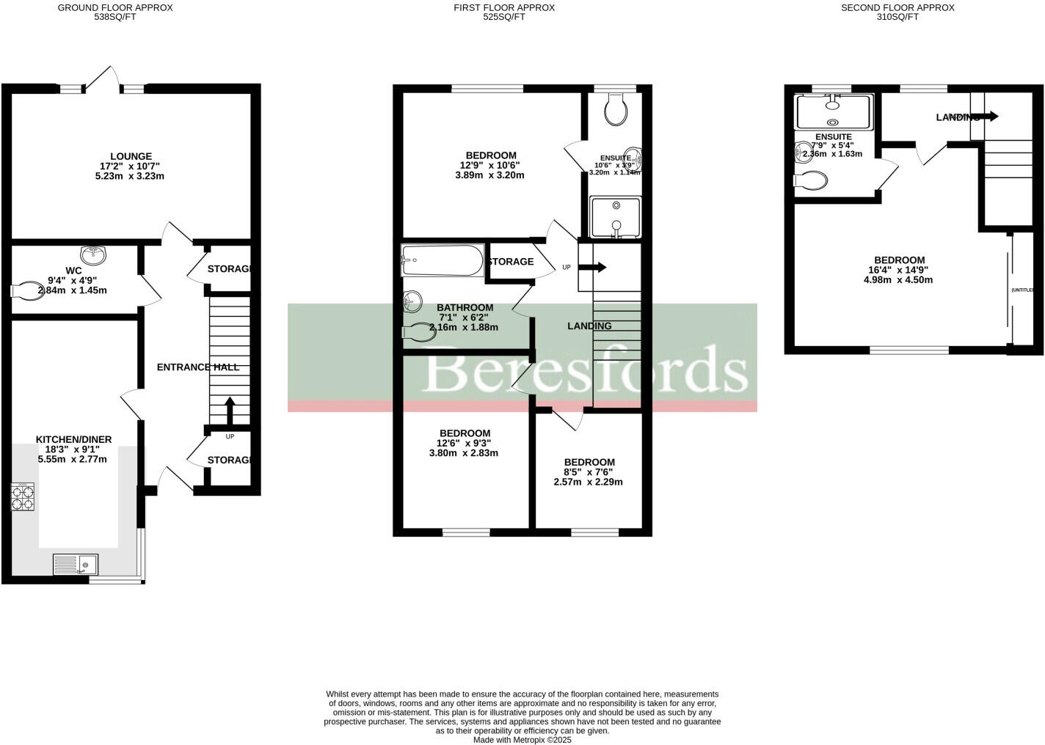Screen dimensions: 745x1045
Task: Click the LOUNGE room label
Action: (x=131, y=156)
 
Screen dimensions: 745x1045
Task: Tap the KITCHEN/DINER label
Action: (x=74, y=439)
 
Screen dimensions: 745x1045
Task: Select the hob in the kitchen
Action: (x=23, y=498)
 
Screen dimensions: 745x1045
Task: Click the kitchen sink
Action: (x=76, y=564)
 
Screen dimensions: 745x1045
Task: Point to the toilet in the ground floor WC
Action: (x=27, y=291)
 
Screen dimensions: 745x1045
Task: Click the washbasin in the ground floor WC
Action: (x=93, y=256)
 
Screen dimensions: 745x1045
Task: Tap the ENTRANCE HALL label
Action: (x=198, y=367)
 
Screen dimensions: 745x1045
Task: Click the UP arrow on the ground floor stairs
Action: (x=230, y=411)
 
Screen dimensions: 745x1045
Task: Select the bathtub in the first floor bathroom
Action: (x=443, y=260)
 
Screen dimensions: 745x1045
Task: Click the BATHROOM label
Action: (x=465, y=308)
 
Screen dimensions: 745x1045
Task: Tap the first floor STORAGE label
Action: (x=511, y=262)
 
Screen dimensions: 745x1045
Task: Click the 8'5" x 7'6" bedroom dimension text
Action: (x=588, y=472)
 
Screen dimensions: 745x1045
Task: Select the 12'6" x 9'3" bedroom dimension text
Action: (x=464, y=443)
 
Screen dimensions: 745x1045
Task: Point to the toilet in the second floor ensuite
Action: (x=811, y=180)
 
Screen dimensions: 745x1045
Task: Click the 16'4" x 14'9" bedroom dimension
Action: (x=899, y=270)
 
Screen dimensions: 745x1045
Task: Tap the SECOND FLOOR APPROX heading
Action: (x=897, y=8)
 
